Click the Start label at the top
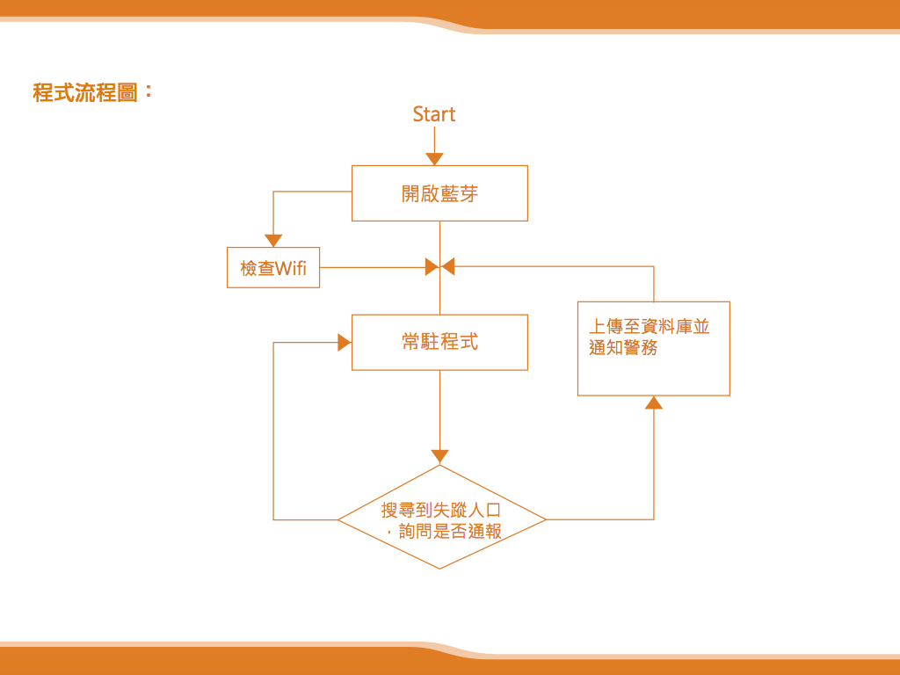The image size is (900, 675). tap(434, 114)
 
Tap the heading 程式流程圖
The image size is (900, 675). tap(85, 92)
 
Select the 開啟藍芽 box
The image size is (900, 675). tap(439, 193)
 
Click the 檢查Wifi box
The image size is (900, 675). tap(273, 268)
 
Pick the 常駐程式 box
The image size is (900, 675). tap(439, 342)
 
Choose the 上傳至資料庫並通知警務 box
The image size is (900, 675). tap(653, 348)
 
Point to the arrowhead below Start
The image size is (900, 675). tap(434, 159)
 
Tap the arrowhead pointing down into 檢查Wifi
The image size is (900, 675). tap(273, 240)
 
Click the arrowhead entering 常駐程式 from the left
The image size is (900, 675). tap(345, 343)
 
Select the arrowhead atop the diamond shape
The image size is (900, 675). tap(440, 456)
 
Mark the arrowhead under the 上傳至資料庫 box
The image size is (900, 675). tap(653, 403)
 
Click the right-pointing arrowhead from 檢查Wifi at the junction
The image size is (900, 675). tap(432, 266)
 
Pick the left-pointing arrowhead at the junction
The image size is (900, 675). tap(448, 266)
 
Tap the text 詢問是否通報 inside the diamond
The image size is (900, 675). tap(448, 532)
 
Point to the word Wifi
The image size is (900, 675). tap(291, 269)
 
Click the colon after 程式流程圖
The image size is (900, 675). tap(148, 91)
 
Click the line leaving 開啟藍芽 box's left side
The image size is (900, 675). tap(312, 192)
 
